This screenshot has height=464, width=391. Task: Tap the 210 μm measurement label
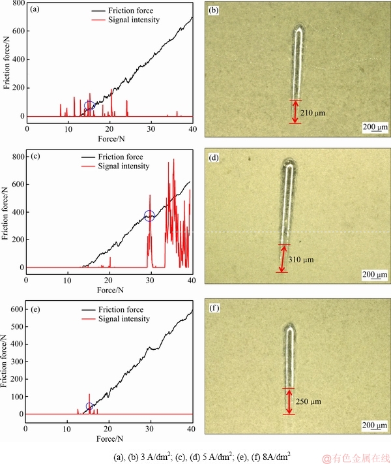312,113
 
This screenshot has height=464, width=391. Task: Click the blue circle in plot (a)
90,106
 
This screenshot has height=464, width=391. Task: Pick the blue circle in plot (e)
89,407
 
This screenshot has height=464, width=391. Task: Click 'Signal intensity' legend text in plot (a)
127,20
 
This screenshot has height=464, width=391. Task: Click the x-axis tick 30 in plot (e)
150,428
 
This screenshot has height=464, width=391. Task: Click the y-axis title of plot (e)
6,362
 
